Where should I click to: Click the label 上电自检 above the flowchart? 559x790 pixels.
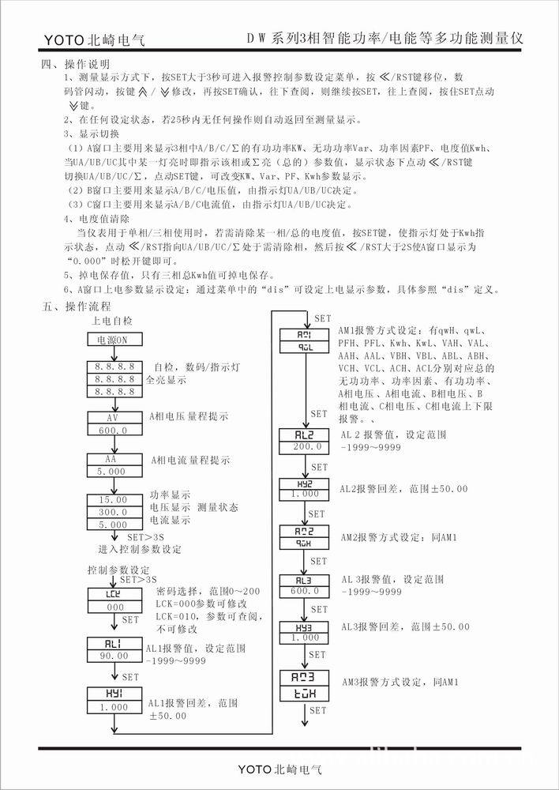[113, 322]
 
